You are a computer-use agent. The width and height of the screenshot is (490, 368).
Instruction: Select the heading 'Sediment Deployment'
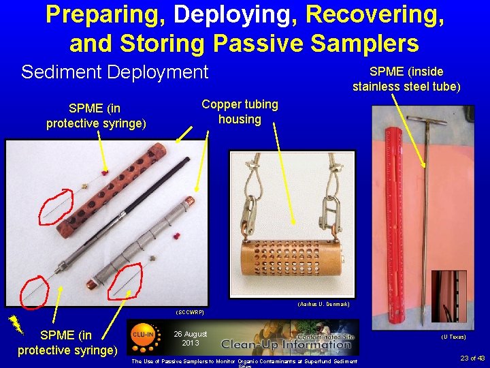[115, 72]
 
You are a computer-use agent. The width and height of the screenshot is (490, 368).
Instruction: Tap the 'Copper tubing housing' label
[240, 112]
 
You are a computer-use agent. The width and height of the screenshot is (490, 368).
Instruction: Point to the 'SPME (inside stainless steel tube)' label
[406, 79]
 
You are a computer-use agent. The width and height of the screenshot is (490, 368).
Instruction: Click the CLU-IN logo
[142, 335]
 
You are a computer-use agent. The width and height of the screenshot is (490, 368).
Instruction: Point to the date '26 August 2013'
[191, 338]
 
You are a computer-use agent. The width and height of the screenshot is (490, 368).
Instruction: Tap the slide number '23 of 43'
[472, 358]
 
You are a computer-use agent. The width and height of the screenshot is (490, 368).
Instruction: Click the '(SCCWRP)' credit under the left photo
[189, 311]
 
